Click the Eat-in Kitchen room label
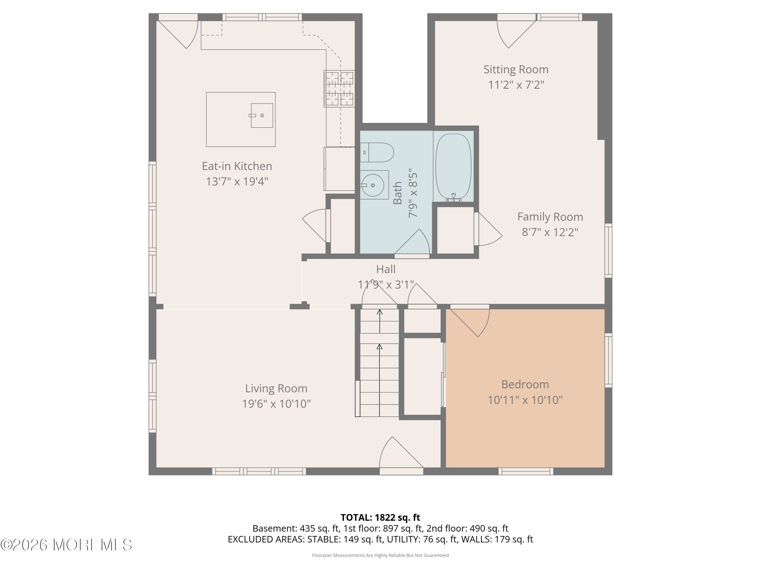point(237,166)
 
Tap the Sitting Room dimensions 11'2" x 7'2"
point(516,85)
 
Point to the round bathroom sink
point(373,185)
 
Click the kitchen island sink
point(262,116)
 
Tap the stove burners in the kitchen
point(339,89)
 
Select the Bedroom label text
point(525,384)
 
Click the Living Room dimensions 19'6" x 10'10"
point(276,404)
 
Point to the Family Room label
point(550,217)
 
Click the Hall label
point(385,269)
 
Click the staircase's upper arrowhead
point(379,312)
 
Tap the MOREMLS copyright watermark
point(66,545)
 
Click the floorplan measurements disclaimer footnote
point(380,555)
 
